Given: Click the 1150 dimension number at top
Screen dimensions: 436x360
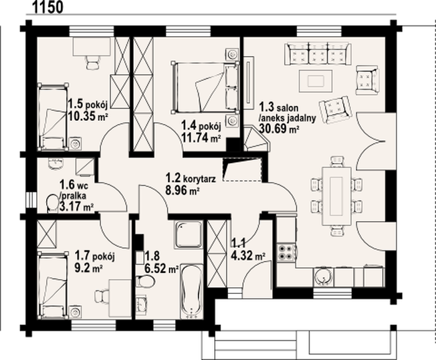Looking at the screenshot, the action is coord(47,7).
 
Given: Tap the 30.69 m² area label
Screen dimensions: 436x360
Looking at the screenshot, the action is coord(279,128).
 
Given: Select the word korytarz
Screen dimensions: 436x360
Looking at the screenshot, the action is coord(199,179).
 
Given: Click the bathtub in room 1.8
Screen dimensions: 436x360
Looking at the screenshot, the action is coord(192,291).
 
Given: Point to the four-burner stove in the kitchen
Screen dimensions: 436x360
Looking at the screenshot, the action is coord(285,252).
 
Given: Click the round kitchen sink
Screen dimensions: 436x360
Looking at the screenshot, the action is coord(323,277).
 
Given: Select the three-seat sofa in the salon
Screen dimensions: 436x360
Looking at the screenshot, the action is coord(318,54).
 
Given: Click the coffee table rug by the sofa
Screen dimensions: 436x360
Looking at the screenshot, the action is coord(316,80).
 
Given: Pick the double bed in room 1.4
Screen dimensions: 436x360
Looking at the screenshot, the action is coord(205,88).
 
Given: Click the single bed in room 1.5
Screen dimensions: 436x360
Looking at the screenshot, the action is coord(53,116).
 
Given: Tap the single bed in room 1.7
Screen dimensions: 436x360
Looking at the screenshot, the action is coord(53,285).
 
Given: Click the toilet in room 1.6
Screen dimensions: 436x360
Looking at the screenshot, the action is coord(52,203).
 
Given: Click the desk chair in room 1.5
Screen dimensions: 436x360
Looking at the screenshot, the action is coord(93,62).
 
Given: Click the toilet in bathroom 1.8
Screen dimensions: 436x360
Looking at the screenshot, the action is coord(146,281).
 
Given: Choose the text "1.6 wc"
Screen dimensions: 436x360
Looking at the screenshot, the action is coord(72,184).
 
